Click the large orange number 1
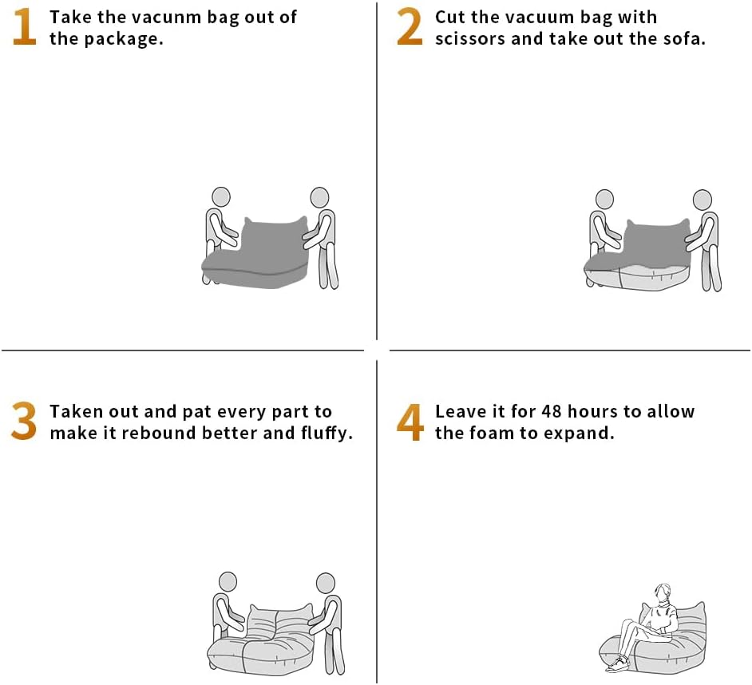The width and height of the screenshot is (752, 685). tap(25, 27)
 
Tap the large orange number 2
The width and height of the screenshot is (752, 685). tap(410, 27)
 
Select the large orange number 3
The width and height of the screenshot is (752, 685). tap(24, 422)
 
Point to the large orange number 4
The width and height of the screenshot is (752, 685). tap(410, 422)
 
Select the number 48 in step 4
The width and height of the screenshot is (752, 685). tap(552, 412)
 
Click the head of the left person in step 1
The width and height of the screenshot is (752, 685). tap(221, 196)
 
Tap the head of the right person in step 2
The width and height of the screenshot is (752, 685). tap(703, 200)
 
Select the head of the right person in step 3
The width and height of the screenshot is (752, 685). tap(326, 583)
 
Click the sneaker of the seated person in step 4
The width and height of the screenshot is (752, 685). tap(618, 664)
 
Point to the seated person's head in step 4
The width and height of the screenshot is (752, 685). tap(663, 593)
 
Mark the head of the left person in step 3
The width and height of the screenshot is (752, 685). tap(228, 582)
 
